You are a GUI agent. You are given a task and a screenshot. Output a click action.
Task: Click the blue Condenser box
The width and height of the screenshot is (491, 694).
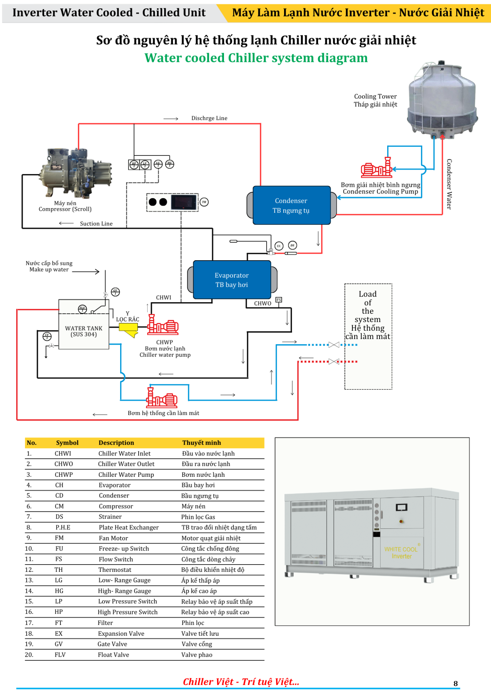click(291, 205)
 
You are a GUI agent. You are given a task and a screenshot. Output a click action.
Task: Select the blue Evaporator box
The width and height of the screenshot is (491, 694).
click(232, 280)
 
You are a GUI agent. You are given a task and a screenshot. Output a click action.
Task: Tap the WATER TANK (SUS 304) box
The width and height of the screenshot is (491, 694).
click(84, 331)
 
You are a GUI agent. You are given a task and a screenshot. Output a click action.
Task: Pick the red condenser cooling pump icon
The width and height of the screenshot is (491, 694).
click(377, 168)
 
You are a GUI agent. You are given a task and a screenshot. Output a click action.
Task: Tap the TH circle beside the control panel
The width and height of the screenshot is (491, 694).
click(204, 202)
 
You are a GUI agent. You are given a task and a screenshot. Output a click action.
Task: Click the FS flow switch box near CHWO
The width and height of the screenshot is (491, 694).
click(279, 300)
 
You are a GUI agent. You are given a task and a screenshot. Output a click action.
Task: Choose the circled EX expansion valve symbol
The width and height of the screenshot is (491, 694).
click(279, 246)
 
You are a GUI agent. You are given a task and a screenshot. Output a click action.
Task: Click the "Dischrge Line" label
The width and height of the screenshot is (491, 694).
click(209, 118)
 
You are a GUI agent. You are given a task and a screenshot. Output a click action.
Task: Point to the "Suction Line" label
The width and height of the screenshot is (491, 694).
click(96, 224)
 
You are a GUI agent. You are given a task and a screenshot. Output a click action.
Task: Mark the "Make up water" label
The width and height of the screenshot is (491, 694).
click(49, 270)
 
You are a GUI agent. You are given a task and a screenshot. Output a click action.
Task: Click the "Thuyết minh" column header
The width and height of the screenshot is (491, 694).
click(202, 443)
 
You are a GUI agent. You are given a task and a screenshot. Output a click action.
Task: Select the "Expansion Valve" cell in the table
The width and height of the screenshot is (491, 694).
click(121, 634)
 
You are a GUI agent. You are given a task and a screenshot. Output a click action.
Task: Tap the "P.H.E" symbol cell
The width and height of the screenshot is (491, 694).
click(63, 527)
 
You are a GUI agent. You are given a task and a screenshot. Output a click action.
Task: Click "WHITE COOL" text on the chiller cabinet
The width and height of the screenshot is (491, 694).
click(401, 549)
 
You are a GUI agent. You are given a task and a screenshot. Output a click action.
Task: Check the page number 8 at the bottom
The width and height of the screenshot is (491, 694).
click(456, 683)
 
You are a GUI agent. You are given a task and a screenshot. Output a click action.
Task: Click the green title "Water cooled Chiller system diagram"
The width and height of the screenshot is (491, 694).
click(256, 58)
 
